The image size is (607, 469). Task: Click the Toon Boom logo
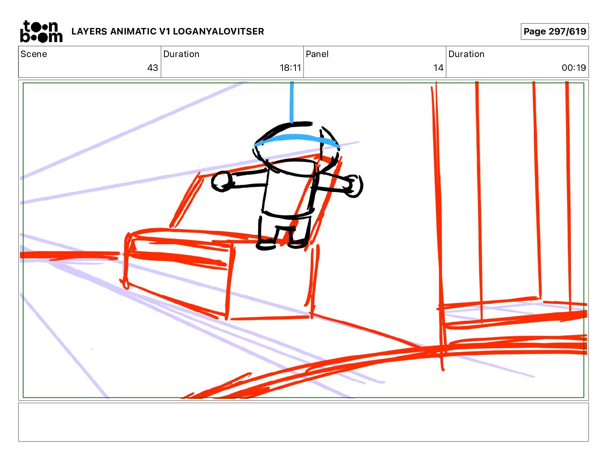tap(41, 31)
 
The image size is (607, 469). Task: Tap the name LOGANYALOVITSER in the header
tap(218, 31)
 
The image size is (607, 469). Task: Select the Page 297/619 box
tap(555, 31)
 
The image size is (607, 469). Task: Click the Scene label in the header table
tap(33, 54)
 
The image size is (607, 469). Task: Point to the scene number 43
tap(153, 67)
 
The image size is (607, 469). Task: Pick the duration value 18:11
tap(290, 67)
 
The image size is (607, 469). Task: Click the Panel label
tap(317, 54)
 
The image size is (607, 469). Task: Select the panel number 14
tap(438, 67)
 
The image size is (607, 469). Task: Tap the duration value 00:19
tap(574, 67)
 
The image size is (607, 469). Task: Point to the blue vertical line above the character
tap(292, 102)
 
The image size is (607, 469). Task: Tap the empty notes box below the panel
tap(303, 422)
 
